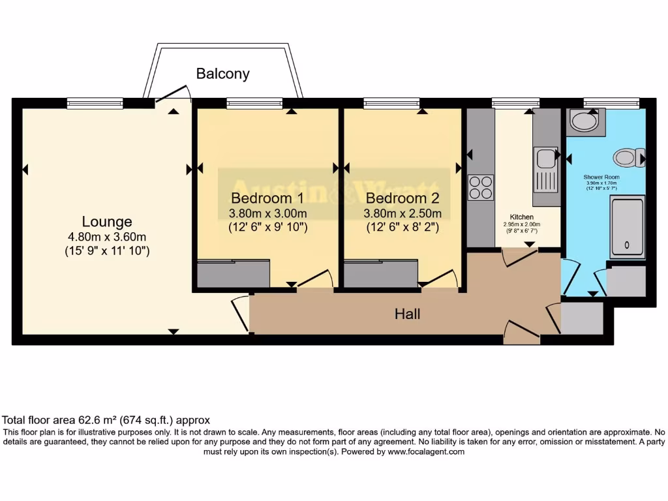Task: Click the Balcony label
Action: [x=222, y=73]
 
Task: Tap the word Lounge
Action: [x=107, y=222]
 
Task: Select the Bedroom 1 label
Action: [x=267, y=198]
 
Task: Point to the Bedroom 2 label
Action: [x=402, y=198]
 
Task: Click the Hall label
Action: [x=407, y=314]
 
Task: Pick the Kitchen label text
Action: [x=522, y=217]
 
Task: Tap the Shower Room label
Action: [x=601, y=177]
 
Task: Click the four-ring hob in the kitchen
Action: [x=481, y=187]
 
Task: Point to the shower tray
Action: [x=627, y=228]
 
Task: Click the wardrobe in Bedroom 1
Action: [x=234, y=274]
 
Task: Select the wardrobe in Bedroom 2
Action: [x=380, y=274]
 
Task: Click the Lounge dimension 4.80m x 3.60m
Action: [x=107, y=237]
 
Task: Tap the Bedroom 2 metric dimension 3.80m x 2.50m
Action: [x=402, y=213]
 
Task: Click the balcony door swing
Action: [x=171, y=97]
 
